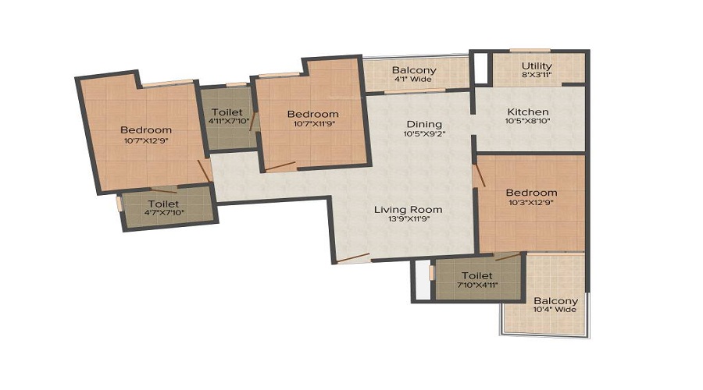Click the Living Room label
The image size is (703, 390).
pyautogui.click(x=408, y=209)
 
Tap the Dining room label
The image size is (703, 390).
pyautogui.click(x=423, y=124)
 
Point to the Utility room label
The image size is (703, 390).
pyautogui.click(x=536, y=66)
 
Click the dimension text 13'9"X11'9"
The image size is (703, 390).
pyautogui.click(x=408, y=219)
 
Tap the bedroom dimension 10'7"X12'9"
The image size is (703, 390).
pyautogui.click(x=145, y=140)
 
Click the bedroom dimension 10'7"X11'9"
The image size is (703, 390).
pyautogui.click(x=312, y=123)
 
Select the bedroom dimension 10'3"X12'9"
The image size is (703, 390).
pyautogui.click(x=531, y=203)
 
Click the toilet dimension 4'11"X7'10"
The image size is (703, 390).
pyautogui.click(x=227, y=121)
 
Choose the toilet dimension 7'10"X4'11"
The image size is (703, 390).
pyautogui.click(x=476, y=286)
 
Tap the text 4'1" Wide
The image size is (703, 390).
pyautogui.click(x=414, y=80)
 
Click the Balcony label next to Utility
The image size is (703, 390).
pyautogui.click(x=414, y=70)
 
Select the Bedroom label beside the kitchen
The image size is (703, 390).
pyautogui.click(x=531, y=193)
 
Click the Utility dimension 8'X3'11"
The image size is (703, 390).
pyautogui.click(x=536, y=76)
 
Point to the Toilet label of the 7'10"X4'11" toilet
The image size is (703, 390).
pyautogui.click(x=476, y=276)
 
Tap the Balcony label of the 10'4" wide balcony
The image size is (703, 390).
pyautogui.click(x=555, y=301)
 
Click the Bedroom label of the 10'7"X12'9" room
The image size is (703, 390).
pyautogui.click(x=145, y=129)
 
